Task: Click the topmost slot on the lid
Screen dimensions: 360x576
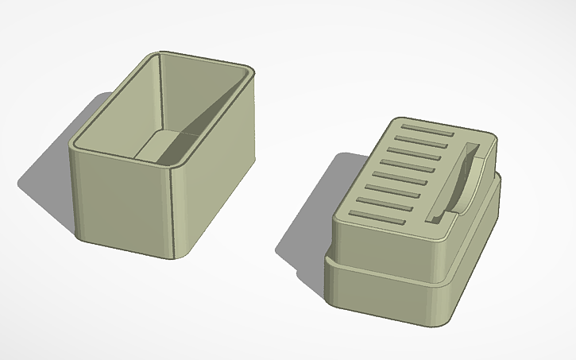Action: click(x=429, y=129)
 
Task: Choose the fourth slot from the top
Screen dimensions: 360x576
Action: click(x=408, y=165)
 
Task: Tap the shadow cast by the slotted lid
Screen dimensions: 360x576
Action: click(x=306, y=238)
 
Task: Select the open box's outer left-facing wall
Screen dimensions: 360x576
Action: click(x=119, y=199)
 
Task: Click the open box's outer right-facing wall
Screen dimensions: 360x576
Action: click(x=218, y=191)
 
